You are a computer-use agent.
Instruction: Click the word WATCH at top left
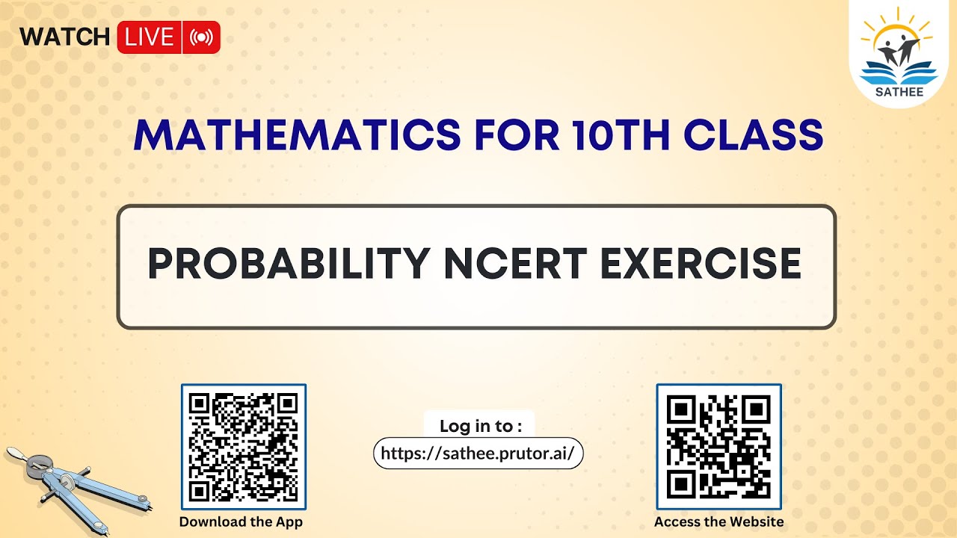[x=64, y=37]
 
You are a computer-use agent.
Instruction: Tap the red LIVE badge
[x=150, y=37]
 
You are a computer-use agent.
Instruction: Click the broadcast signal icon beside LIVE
[x=201, y=37]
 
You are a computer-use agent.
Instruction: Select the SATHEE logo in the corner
[x=902, y=54]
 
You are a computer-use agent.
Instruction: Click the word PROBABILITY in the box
[x=289, y=264]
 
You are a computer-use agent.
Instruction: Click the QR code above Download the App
[x=244, y=446]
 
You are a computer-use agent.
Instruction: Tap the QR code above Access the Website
[x=718, y=446]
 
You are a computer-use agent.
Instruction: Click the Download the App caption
[x=241, y=522]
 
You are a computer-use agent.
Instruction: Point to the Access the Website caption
[x=718, y=522]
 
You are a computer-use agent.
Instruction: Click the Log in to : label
[x=480, y=426]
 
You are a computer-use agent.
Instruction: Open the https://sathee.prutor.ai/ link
[x=478, y=453]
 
